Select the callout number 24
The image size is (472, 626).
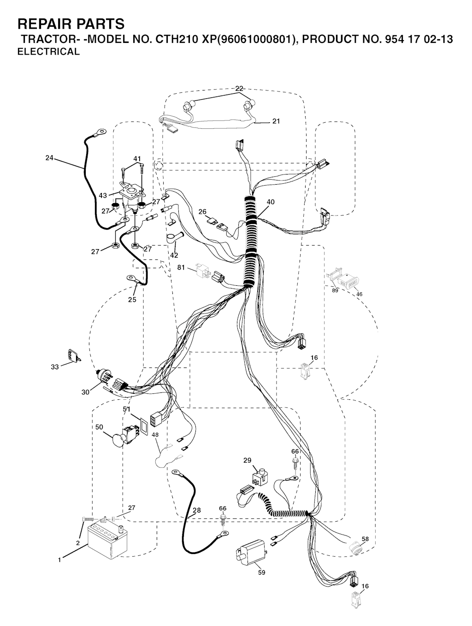[x=49, y=157]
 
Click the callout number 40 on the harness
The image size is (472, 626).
[x=271, y=202]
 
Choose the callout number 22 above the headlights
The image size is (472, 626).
[x=239, y=89]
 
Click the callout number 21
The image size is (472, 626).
[x=276, y=121]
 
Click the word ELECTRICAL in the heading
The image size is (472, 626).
[x=49, y=52]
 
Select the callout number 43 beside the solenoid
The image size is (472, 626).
[x=103, y=195]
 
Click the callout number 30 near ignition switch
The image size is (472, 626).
[x=85, y=392]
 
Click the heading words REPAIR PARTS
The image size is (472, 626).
[x=71, y=24]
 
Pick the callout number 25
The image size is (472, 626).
[x=132, y=300]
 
